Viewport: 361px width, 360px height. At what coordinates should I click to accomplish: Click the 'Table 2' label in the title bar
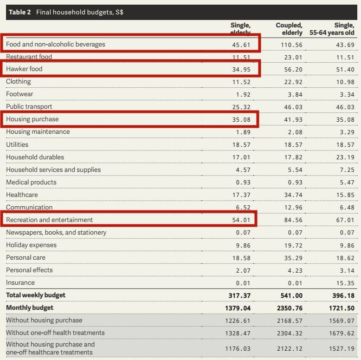[19, 12]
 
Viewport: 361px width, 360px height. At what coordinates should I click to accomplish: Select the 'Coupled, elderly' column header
[289, 29]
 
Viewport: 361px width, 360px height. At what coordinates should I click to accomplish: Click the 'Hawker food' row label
[25, 69]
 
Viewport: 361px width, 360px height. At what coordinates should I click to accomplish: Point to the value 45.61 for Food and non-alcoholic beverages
[241, 44]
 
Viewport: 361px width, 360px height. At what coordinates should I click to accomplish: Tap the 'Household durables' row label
[35, 157]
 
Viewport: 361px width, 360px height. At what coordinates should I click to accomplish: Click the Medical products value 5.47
[347, 183]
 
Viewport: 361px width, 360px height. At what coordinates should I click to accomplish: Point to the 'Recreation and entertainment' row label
[50, 220]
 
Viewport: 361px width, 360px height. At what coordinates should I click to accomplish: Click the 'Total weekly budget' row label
[36, 295]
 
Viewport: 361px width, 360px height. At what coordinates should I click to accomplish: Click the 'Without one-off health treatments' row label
[55, 333]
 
